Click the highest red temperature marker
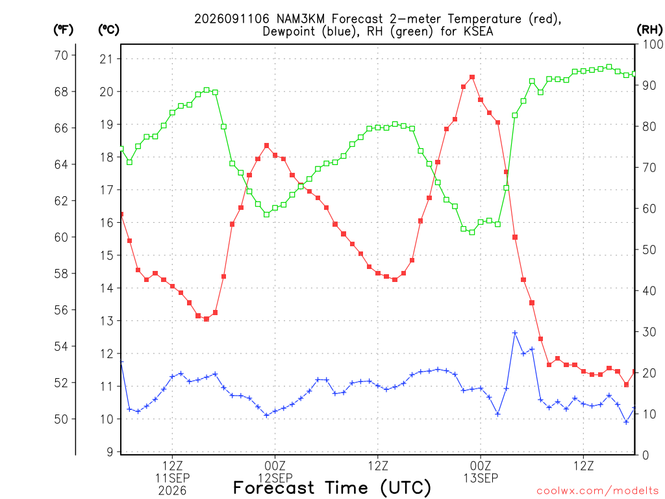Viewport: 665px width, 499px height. [472, 77]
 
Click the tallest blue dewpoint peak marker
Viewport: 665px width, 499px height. [515, 333]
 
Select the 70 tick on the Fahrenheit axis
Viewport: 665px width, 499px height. [61, 55]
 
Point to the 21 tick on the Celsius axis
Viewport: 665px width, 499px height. [107, 59]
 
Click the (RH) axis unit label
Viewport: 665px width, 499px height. [649, 30]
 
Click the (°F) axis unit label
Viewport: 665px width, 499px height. [63, 30]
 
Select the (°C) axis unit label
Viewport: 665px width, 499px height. [108, 30]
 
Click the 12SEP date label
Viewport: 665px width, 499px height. [275, 478]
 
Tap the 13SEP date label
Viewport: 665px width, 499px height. [481, 478]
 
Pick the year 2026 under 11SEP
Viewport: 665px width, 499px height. [172, 491]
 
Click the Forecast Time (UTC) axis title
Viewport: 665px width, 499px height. [332, 488]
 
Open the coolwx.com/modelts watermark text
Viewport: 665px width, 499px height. [597, 491]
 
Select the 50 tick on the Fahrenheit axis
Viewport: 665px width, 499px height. [61, 419]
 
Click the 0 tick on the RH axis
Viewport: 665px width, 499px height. [646, 455]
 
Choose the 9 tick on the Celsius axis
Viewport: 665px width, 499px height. [110, 452]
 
